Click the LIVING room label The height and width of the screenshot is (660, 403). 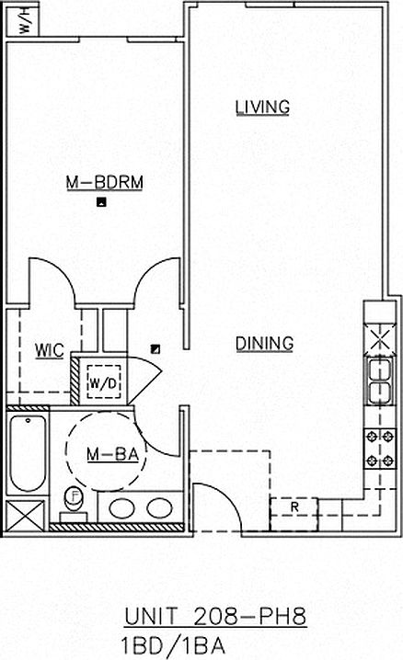point(262,107)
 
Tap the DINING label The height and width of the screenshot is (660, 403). point(264,344)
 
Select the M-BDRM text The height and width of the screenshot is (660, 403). point(105,182)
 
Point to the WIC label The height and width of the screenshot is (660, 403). point(50,350)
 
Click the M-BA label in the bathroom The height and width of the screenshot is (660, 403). point(112,454)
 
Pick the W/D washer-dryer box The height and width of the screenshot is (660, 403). point(104,382)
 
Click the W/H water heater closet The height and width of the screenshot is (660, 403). point(23,20)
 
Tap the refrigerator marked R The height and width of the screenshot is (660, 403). point(294,514)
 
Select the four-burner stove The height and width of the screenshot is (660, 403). point(380,449)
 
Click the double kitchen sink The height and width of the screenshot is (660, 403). point(380,381)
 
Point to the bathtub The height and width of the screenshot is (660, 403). point(28,453)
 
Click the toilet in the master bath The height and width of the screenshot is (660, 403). point(75,504)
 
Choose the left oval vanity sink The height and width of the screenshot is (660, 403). point(121,507)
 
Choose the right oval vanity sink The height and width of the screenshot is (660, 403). point(159,507)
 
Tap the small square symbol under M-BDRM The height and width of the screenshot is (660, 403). point(101,202)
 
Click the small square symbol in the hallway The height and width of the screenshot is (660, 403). point(155,349)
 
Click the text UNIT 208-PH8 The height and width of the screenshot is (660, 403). point(215,617)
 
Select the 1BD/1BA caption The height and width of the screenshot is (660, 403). point(173,646)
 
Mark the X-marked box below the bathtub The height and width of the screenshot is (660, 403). point(25,516)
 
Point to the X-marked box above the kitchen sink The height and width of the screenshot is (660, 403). point(380,339)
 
